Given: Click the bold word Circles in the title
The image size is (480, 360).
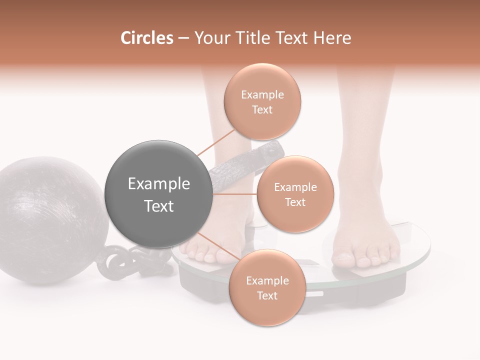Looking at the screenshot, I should coord(146,38).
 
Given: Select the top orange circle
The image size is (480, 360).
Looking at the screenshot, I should coord(262,102).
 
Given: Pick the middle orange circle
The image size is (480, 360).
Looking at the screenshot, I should coord(295,194).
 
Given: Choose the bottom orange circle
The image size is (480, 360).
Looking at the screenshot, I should coord(267,288).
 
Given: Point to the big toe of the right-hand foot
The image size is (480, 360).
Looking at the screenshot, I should coord(344,258).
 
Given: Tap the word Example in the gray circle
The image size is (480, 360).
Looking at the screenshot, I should coord(159,184).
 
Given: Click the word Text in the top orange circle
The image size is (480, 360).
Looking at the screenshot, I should coord(262,110).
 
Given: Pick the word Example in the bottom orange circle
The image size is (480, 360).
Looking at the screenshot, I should coord(267,281).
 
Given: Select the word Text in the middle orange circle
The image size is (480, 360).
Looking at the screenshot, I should coord(295,202).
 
